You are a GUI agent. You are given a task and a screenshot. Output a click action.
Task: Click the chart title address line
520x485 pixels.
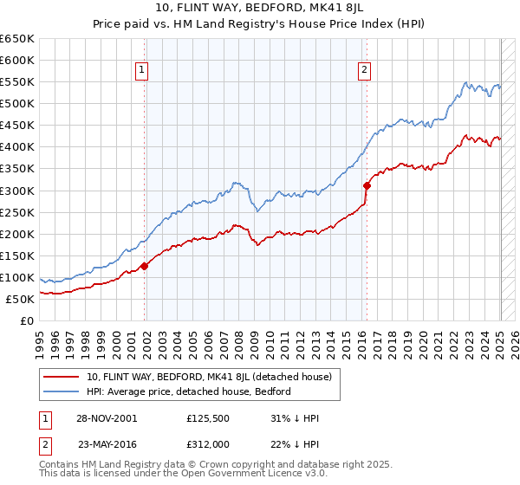[260, 10]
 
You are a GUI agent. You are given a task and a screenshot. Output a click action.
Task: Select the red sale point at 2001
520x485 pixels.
[145, 266]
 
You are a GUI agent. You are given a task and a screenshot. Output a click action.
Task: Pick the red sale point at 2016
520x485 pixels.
[367, 184]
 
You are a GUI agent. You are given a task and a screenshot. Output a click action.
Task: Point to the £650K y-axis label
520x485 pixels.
[17, 39]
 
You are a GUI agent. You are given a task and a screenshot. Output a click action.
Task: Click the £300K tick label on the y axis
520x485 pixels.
[17, 191]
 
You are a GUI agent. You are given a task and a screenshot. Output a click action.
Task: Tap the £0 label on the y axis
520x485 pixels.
[26, 320]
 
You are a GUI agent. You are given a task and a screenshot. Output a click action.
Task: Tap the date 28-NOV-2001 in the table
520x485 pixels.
[106, 418]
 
